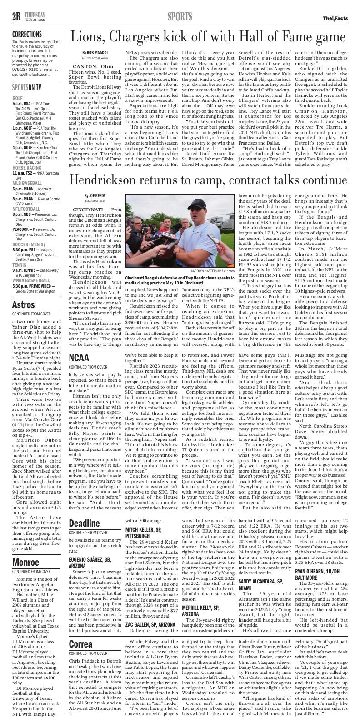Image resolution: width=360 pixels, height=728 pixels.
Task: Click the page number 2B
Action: tap(17, 17)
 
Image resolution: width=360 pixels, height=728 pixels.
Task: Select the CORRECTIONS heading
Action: tap(27, 35)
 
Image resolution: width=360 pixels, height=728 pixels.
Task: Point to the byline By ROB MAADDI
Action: tap(95, 53)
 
